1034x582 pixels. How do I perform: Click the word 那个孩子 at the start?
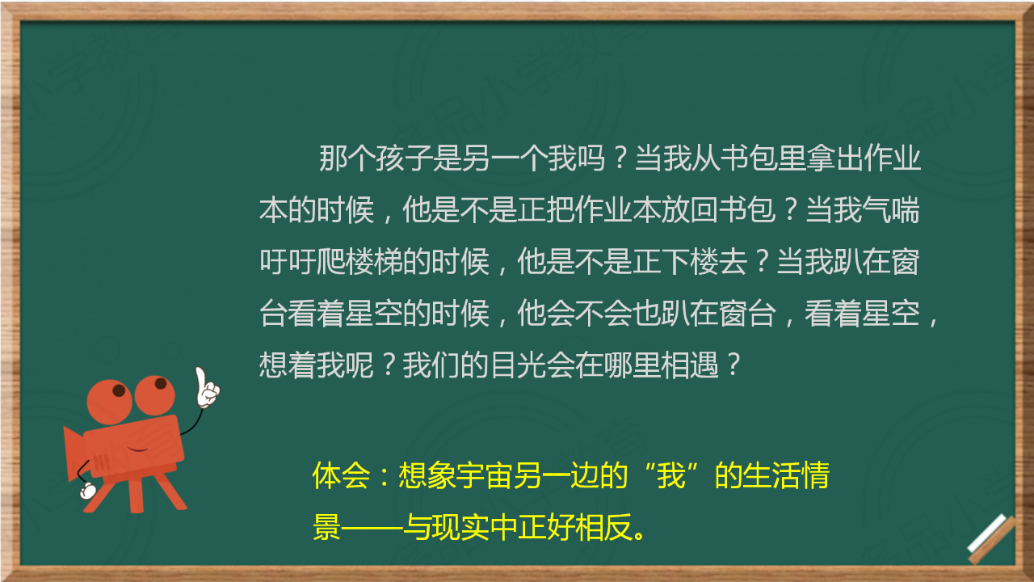pyautogui.click(x=376, y=158)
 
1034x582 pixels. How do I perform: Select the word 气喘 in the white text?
pyautogui.click(x=891, y=210)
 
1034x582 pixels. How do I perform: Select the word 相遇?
pyautogui.click(x=690, y=365)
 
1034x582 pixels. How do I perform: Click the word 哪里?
pyautogui.click(x=633, y=365)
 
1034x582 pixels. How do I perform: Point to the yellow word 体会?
pyautogui.click(x=341, y=475)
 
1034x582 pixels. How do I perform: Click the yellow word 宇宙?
pyautogui.click(x=484, y=475)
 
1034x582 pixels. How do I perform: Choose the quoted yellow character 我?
pyautogui.click(x=670, y=475)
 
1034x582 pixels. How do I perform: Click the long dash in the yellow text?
pyautogui.click(x=372, y=528)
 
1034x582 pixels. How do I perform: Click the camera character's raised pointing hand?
pyautogui.click(x=206, y=388)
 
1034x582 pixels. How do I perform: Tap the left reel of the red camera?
pyautogui.click(x=109, y=402)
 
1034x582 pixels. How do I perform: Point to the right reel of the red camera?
pyautogui.click(x=154, y=395)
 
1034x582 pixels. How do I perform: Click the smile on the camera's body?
pyautogui.click(x=137, y=449)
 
